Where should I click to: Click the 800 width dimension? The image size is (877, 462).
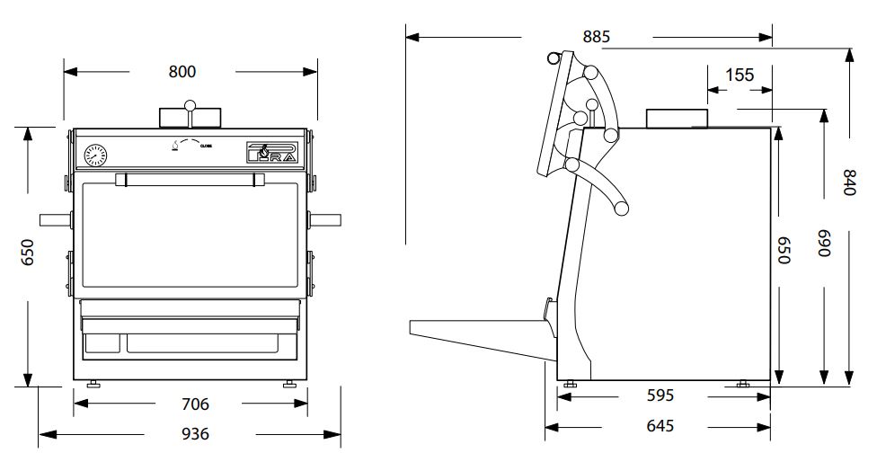coord(182,72)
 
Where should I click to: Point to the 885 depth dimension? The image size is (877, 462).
coord(597,37)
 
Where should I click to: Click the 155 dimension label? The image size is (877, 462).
coord(740,75)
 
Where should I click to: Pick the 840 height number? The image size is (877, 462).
coord(847,182)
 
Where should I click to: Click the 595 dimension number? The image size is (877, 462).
coord(660,395)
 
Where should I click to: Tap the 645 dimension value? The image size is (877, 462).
coord(659,426)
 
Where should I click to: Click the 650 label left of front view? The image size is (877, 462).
coord(28,253)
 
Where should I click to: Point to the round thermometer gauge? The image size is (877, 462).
coord(94,156)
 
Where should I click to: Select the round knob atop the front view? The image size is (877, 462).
coord(190,107)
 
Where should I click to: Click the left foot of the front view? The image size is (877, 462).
coord(93,384)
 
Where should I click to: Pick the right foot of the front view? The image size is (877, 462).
coord(289,384)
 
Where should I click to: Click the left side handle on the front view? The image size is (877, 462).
coord(53,218)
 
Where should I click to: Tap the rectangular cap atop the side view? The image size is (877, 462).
coord(677,118)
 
